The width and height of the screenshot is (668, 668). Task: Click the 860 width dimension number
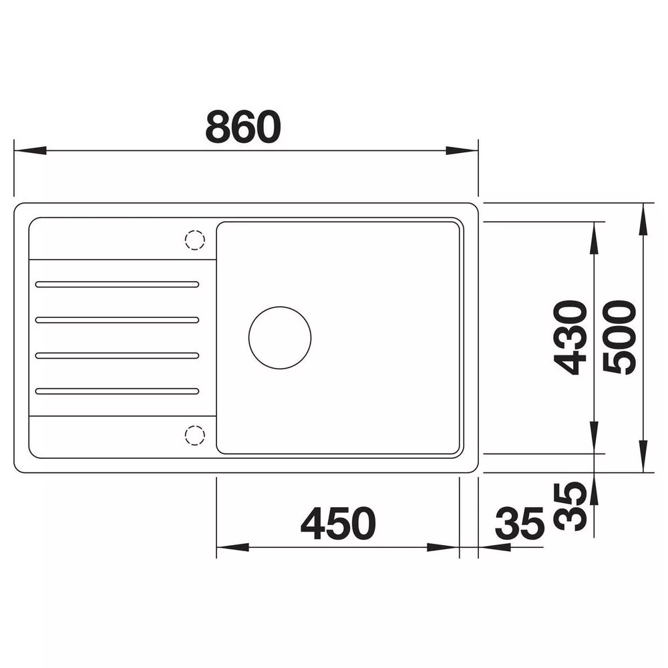pos(243,126)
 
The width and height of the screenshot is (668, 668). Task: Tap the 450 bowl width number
pos(338,523)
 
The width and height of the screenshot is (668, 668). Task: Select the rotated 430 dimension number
pos(570,337)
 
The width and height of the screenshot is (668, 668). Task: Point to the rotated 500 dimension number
pos(620,337)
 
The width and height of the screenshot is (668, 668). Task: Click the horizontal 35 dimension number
pos(520,523)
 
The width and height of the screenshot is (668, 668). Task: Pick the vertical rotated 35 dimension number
pos(570,506)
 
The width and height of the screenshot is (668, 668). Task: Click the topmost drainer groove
pos(117,285)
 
